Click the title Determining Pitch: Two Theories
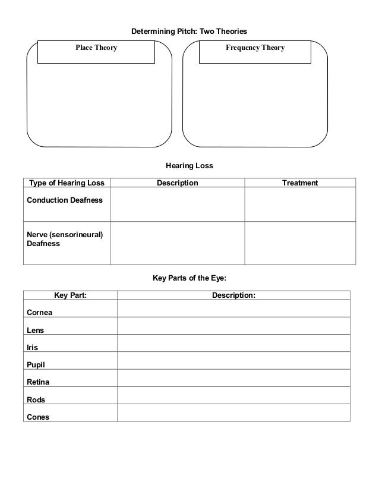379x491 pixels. (x=188, y=30)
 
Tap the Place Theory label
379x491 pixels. (x=96, y=48)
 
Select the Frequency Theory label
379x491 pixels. (x=255, y=48)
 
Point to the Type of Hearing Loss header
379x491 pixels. (x=67, y=183)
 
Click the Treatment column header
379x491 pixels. (x=300, y=183)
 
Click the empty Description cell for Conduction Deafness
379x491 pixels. (x=177, y=204)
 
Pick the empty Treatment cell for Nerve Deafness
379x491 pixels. (x=300, y=243)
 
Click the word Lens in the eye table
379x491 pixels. (x=36, y=330)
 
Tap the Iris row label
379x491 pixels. (x=33, y=347)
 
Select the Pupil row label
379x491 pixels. (x=36, y=365)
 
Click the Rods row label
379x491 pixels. (x=36, y=399)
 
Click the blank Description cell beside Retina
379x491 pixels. (x=233, y=378)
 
